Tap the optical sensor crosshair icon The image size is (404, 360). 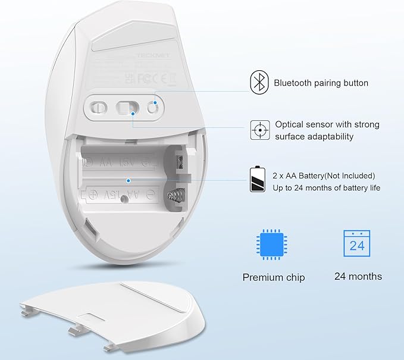(258, 130)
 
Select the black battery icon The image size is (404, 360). (257, 180)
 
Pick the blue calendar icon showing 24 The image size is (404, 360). (356, 245)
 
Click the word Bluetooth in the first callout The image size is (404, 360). (295, 83)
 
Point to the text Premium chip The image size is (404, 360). (273, 277)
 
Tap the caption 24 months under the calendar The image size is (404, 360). (358, 276)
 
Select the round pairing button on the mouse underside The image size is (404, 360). (153, 107)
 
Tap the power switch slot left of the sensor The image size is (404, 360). (98, 107)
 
